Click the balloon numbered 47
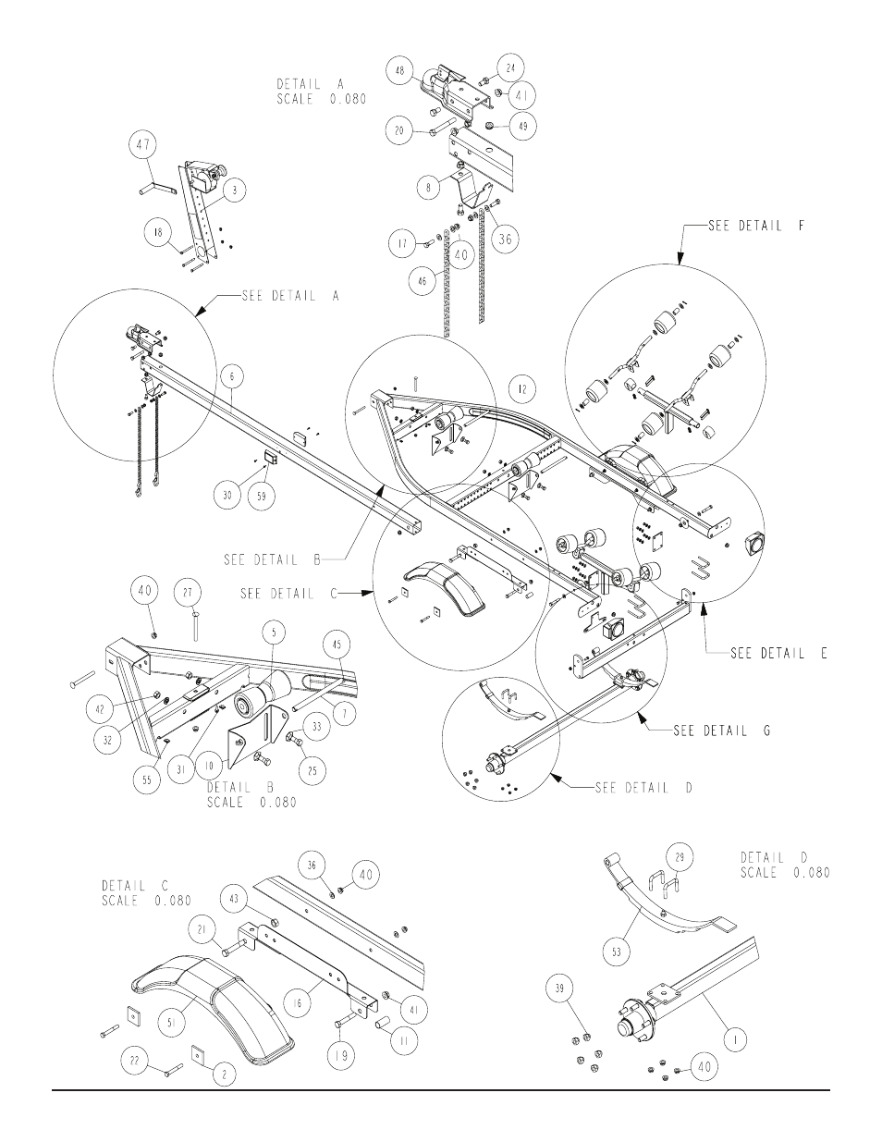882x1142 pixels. click(x=144, y=145)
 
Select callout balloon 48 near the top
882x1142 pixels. click(x=399, y=70)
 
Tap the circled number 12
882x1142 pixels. click(x=522, y=389)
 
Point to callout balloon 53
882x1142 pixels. click(x=617, y=952)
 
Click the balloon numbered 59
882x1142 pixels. click(x=262, y=497)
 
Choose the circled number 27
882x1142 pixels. click(x=188, y=593)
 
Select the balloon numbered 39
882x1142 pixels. click(x=559, y=989)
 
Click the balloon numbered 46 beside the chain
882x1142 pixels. click(x=423, y=281)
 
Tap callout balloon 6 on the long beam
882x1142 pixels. click(x=233, y=376)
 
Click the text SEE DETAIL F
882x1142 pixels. click(x=756, y=226)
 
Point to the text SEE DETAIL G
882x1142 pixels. click(x=722, y=731)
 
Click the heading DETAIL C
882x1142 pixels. click(x=136, y=886)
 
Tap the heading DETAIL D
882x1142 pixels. click(x=775, y=857)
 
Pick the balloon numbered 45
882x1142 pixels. click(x=339, y=644)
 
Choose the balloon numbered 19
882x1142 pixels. click(x=341, y=1055)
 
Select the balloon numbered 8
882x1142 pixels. click(x=429, y=188)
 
